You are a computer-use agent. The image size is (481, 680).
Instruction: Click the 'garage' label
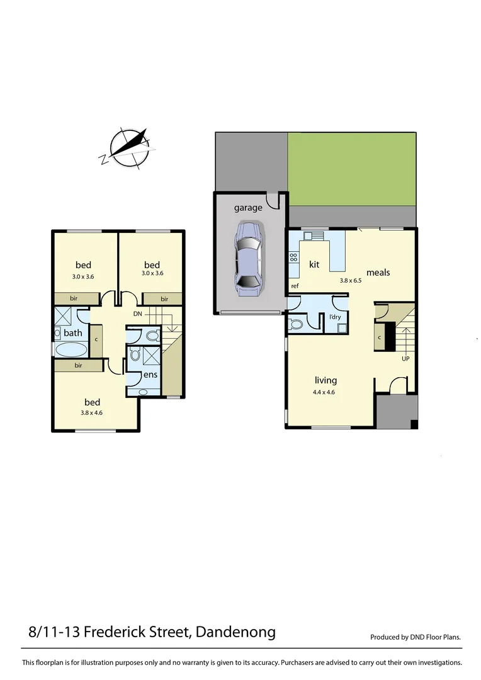coord(248,208)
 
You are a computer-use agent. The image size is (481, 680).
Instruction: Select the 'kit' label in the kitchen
coord(314,264)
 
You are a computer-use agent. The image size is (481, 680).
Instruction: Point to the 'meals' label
coord(378,273)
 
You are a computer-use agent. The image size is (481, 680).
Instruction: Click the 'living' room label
coord(326,380)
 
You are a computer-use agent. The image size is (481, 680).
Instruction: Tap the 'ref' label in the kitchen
coord(294,286)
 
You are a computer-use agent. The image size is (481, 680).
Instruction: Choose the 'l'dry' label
coord(335,317)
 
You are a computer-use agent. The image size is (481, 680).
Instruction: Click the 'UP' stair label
coord(405,359)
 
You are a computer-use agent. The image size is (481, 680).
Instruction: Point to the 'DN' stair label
coord(138,313)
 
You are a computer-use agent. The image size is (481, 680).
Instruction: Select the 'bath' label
coord(73,332)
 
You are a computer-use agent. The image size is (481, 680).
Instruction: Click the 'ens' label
coord(150,375)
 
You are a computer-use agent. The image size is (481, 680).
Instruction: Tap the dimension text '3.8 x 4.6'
coord(92,413)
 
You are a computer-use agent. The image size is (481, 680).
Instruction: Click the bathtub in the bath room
coord(71,350)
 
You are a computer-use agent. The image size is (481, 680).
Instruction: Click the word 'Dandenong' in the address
coord(236,632)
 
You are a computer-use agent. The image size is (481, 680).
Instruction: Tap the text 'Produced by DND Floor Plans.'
coord(416,637)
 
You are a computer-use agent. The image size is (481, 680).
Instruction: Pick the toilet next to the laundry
coord(295,324)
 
